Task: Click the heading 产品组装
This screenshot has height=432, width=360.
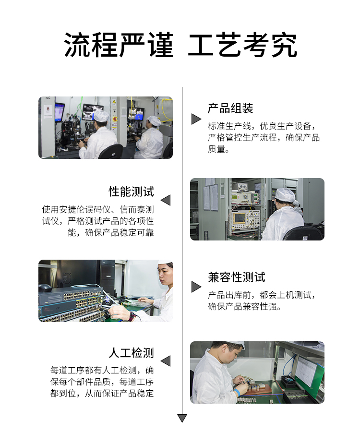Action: pos(230,108)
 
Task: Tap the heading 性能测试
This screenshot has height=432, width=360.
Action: pos(131,192)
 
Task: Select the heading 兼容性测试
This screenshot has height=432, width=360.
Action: pos(236,277)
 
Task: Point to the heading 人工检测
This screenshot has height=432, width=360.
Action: pos(131,353)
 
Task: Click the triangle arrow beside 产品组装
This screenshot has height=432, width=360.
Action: pos(196,119)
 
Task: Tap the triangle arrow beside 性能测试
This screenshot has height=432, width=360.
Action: pos(166,200)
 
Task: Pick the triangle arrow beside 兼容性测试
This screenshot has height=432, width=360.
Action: pos(196,287)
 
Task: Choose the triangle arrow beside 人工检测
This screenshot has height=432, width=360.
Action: pos(166,361)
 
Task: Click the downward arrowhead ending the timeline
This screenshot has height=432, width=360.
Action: pos(182,418)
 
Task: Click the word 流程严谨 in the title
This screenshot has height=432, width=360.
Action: pos(119,45)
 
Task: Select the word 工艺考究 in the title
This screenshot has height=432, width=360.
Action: pos(243,45)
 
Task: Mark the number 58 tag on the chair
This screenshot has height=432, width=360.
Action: pos(305,238)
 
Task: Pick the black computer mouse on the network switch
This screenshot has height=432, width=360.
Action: pos(45,288)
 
